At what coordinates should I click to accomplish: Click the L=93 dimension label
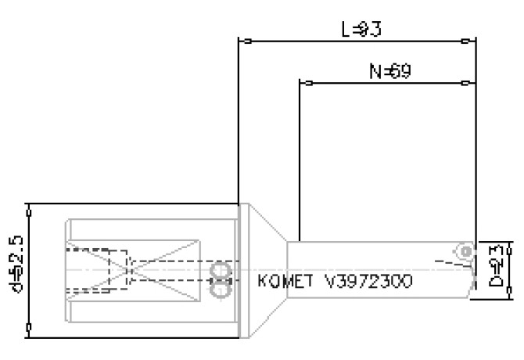pyautogui.click(x=361, y=30)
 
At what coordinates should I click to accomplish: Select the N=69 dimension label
pyautogui.click(x=390, y=72)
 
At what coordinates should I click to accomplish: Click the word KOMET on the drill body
pyautogui.click(x=285, y=280)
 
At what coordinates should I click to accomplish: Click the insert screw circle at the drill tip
pyautogui.click(x=465, y=251)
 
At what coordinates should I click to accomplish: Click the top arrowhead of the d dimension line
pyautogui.click(x=28, y=208)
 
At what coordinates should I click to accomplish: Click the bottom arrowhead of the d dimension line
pyautogui.click(x=28, y=333)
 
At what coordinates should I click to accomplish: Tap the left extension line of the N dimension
pyautogui.click(x=300, y=157)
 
